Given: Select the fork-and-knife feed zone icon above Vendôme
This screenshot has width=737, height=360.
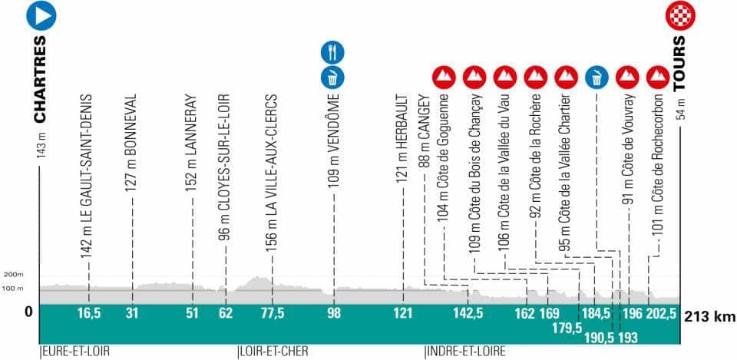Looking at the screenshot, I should [333, 52].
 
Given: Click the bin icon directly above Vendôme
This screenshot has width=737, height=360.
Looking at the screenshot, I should [333, 77].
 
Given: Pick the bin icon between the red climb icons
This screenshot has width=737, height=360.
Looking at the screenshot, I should [597, 77].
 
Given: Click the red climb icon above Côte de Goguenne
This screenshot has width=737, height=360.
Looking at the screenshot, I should [444, 77].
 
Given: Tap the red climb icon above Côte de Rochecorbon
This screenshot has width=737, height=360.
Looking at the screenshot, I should [656, 77].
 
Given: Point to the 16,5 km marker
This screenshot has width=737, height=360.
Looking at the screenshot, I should [89, 313].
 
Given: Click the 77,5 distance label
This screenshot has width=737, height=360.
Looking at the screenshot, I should [272, 313].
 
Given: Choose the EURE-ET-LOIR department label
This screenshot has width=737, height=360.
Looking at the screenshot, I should [74, 352].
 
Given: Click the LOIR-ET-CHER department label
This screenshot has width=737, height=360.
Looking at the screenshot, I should [274, 352].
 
